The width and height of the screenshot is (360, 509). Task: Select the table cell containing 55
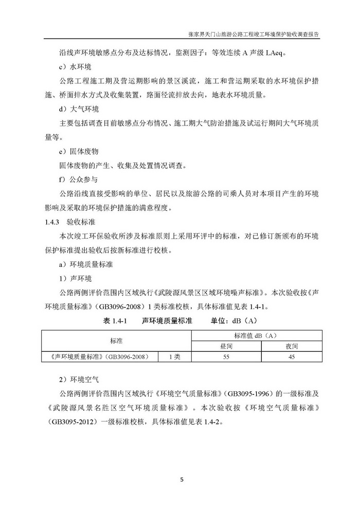(x=226, y=357)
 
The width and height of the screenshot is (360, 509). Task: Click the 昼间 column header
(x=226, y=346)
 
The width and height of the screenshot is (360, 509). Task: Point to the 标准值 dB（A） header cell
(x=259, y=335)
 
